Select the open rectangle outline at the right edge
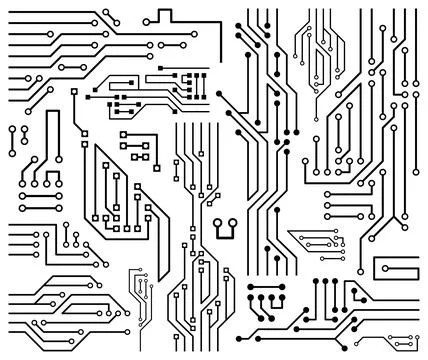tap(394, 267)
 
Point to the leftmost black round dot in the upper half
tap(219, 98)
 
